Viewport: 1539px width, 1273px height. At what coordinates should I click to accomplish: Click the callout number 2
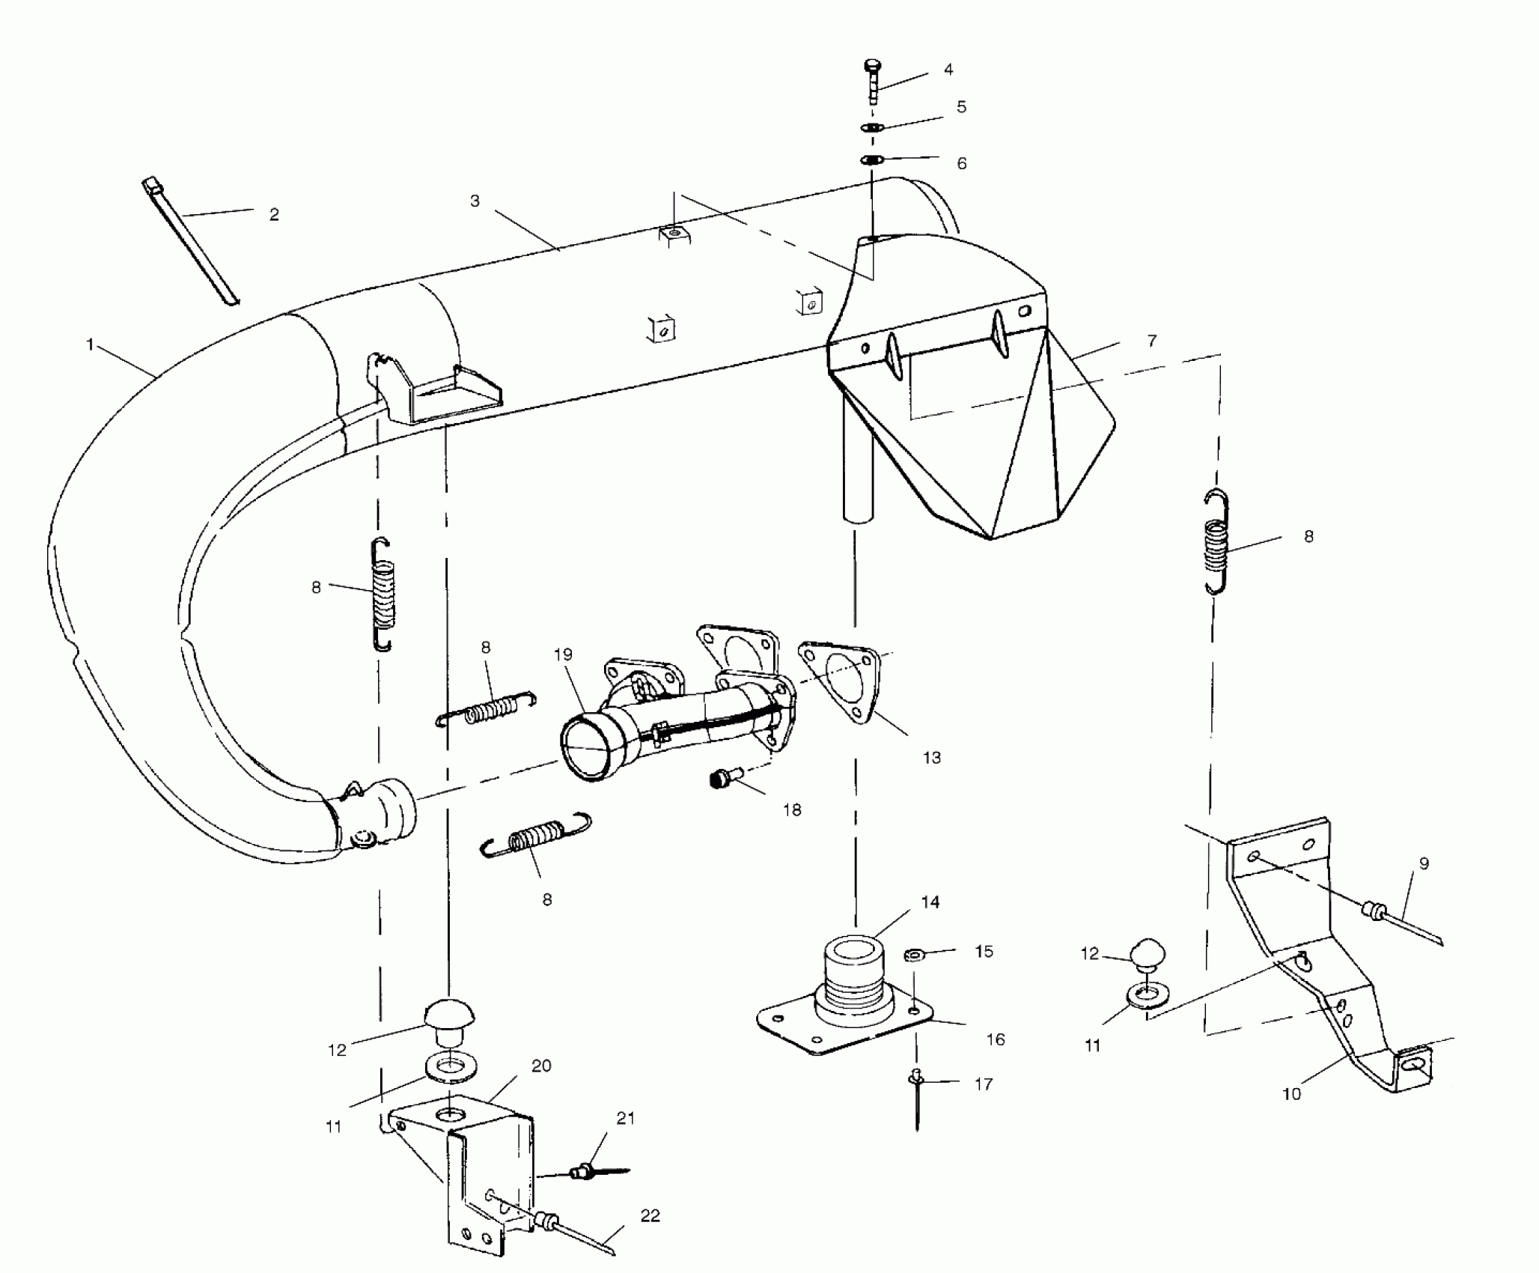click(x=274, y=215)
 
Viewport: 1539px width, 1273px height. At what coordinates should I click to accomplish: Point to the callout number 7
click(x=1151, y=341)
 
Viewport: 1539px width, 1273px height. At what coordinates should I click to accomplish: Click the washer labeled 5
click(x=872, y=127)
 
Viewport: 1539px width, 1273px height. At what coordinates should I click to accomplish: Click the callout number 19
click(x=563, y=654)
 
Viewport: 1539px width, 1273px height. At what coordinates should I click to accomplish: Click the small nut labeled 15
click(x=913, y=955)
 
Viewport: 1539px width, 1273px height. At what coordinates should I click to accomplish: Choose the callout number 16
click(x=996, y=1039)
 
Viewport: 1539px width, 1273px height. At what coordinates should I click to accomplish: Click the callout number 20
click(x=541, y=1066)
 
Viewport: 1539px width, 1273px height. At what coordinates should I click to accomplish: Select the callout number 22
click(x=650, y=1215)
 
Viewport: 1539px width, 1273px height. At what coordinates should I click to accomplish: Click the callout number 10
click(x=1291, y=1094)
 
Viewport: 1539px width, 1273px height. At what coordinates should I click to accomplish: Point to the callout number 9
click(x=1424, y=863)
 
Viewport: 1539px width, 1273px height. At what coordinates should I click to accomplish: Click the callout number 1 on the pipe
click(x=91, y=345)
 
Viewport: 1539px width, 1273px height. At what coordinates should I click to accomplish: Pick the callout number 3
click(x=475, y=201)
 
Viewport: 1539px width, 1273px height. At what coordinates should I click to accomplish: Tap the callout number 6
click(x=962, y=163)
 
